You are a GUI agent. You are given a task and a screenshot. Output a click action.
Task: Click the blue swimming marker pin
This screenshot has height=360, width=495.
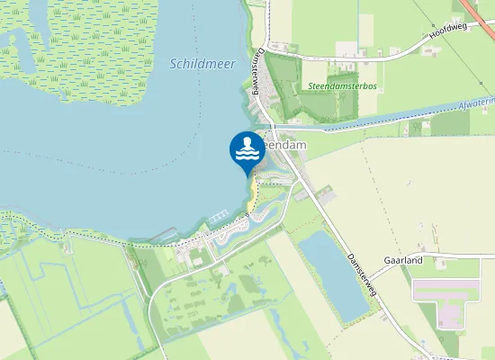click(x=247, y=151)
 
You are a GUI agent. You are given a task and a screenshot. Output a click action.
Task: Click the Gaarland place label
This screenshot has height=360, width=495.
click(x=428, y=260)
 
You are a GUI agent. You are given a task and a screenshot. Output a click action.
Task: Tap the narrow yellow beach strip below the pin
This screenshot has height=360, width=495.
click(x=254, y=193)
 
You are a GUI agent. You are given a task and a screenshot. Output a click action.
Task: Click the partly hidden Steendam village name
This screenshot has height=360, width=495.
click(x=286, y=143)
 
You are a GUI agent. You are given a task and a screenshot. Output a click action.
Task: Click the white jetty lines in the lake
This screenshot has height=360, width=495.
click(x=218, y=220)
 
